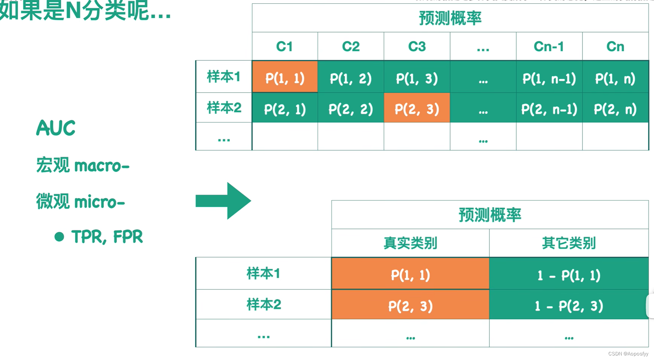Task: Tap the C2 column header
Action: click(x=351, y=46)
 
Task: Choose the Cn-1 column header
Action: click(x=549, y=46)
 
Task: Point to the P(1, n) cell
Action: click(x=615, y=78)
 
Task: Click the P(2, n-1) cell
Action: click(x=549, y=109)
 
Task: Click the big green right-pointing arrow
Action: click(x=223, y=201)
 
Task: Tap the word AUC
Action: click(x=56, y=128)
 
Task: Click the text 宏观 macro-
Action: click(x=83, y=165)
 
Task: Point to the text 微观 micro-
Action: click(x=81, y=202)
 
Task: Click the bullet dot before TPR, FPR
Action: click(x=59, y=237)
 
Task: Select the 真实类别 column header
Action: click(x=410, y=243)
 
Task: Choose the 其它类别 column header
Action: click(x=569, y=243)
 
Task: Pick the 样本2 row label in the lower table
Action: click(x=264, y=304)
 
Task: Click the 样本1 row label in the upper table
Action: click(x=224, y=77)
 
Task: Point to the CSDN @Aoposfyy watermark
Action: click(x=628, y=354)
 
